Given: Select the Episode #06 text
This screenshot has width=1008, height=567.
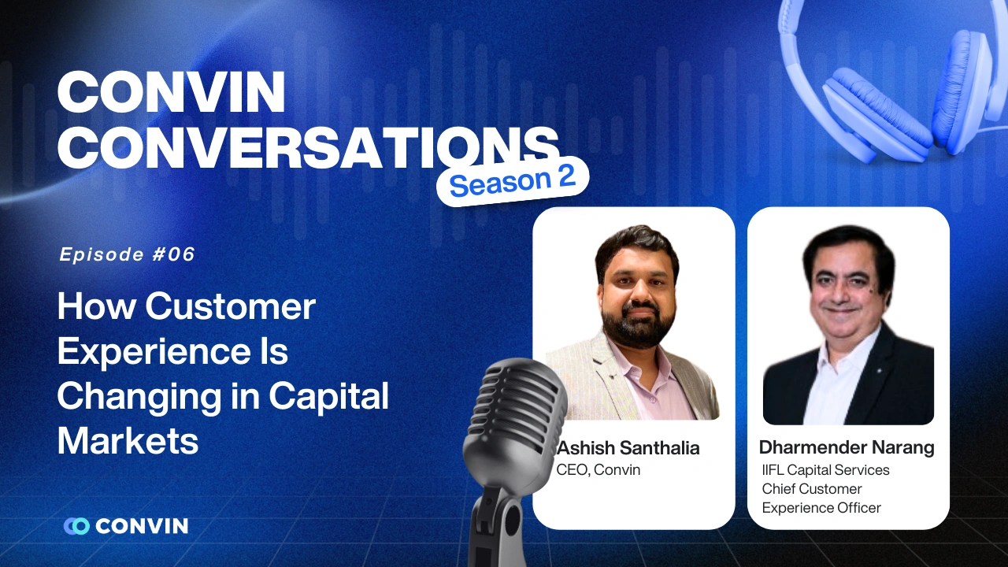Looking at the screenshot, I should click(127, 254).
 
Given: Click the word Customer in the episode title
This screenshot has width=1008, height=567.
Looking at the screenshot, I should click(241, 306).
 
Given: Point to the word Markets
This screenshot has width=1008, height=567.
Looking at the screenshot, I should click(128, 441).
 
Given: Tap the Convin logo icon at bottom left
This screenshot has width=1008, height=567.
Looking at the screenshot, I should click(77, 526).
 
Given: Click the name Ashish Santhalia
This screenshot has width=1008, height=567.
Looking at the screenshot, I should click(628, 448).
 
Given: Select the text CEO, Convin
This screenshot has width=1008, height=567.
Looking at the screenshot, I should click(598, 470).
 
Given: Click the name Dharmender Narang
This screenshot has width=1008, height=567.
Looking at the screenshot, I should click(847, 448).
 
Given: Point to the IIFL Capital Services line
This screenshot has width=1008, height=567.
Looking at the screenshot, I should click(825, 470).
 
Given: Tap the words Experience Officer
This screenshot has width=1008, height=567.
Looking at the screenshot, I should click(821, 508).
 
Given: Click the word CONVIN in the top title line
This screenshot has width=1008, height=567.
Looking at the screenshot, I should click(171, 94).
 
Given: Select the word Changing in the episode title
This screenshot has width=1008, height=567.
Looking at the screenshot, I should click(139, 396).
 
